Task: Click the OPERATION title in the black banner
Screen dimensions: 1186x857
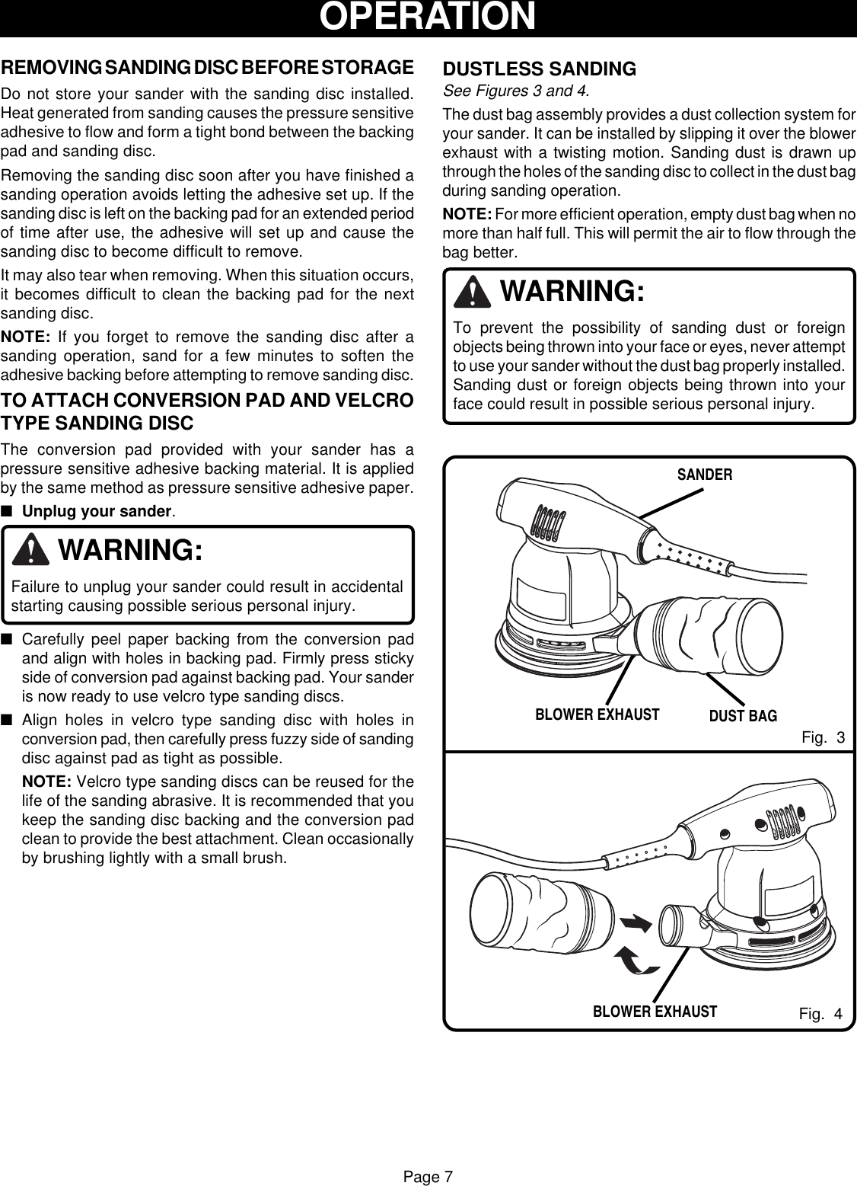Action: tap(428, 17)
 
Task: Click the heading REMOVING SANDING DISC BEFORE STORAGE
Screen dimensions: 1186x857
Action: tap(208, 67)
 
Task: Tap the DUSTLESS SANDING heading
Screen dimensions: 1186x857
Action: tap(540, 69)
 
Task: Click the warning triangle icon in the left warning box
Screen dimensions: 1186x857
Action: tap(31, 551)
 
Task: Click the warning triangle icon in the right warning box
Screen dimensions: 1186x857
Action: tap(475, 293)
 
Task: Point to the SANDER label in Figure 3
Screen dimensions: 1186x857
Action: tap(705, 475)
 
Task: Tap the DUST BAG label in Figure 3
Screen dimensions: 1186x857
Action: tap(743, 716)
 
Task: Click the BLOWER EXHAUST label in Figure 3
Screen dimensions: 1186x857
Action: tap(597, 714)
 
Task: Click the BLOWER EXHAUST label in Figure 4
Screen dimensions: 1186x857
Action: tap(655, 1012)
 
